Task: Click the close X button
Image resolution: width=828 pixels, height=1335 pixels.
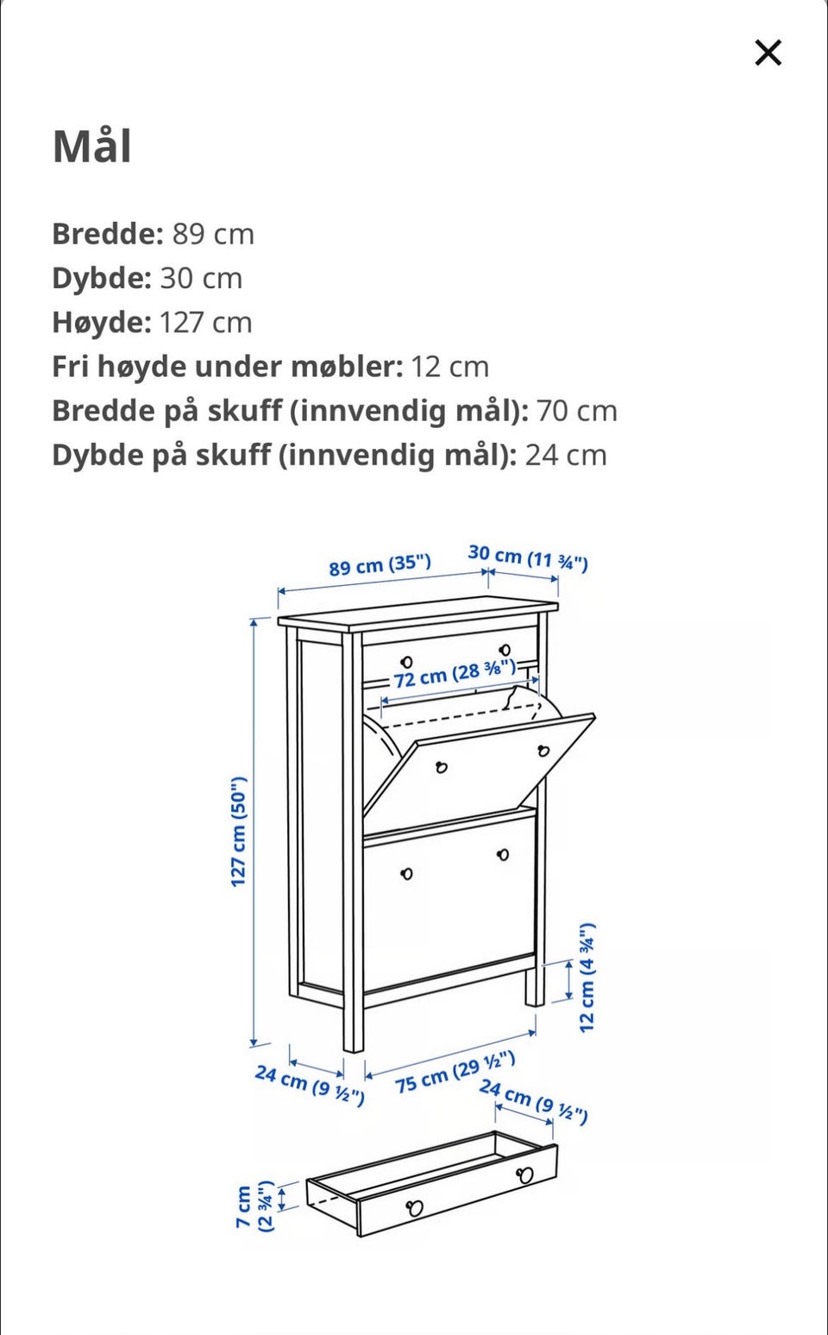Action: pos(768,53)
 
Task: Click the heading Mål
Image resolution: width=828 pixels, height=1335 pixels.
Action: pos(92,146)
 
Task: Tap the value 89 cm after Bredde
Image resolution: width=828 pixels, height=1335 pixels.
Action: pos(213,234)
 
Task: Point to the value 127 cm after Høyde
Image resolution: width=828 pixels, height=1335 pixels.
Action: pos(205,323)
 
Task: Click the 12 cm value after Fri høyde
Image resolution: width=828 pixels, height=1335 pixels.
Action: pos(449,367)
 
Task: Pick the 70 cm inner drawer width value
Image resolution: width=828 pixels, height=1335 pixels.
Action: pos(576,411)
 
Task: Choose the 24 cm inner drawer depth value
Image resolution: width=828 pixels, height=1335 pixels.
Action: pos(566,455)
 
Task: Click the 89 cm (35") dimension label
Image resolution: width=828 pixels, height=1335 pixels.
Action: pos(379,565)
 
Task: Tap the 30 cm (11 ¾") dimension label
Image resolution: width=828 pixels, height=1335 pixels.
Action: pos(528,557)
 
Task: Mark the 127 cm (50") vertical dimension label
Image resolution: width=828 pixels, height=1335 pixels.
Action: pos(239,831)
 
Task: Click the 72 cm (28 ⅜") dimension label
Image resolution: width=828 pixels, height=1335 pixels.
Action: pos(455,673)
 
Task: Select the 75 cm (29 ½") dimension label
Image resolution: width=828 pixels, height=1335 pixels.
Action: pos(455,1072)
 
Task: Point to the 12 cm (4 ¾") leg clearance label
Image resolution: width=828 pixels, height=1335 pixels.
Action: pos(587,978)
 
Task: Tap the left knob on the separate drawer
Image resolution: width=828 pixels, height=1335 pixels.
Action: pos(415,1207)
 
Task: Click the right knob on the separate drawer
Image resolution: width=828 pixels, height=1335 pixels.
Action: pos(524,1174)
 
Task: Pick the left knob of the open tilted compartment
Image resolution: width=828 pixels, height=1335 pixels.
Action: pos(442,766)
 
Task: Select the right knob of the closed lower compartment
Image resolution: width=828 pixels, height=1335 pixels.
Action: pos(503,854)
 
